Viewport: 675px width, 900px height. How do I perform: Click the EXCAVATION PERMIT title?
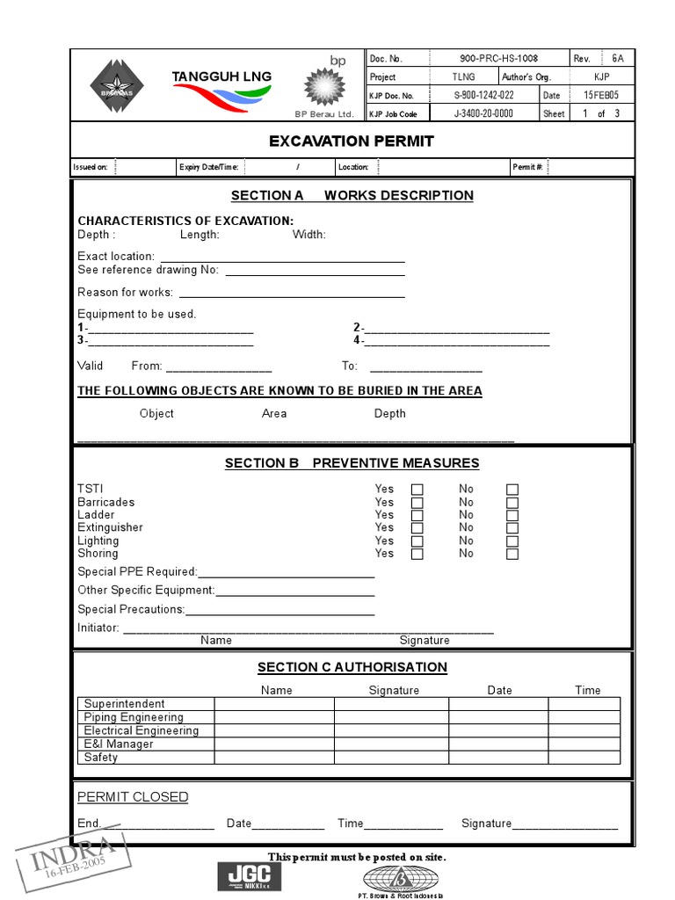pos(352,141)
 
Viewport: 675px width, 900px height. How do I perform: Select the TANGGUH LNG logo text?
pos(221,77)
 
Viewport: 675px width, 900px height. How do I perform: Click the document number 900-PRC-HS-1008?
pos(498,58)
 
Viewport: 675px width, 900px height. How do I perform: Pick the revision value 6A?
pos(618,58)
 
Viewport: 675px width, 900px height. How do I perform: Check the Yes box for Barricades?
pos(417,503)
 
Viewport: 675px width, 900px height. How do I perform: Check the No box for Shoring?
pos(512,554)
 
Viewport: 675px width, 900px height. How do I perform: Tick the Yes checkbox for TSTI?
pos(417,490)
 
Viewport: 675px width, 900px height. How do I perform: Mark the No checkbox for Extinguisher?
pos(512,528)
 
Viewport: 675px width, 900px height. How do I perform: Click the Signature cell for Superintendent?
pos(391,704)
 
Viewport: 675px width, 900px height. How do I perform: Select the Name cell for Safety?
pos(274,758)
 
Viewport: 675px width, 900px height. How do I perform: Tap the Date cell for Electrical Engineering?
pos(498,730)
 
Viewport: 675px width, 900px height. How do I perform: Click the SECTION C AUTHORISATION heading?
pos(352,667)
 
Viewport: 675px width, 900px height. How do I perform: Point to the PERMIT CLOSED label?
pos(133,797)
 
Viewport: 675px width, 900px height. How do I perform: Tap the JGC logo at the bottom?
pos(250,876)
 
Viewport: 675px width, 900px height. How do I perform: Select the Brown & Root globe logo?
pos(400,878)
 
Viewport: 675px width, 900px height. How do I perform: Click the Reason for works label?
pos(125,293)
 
